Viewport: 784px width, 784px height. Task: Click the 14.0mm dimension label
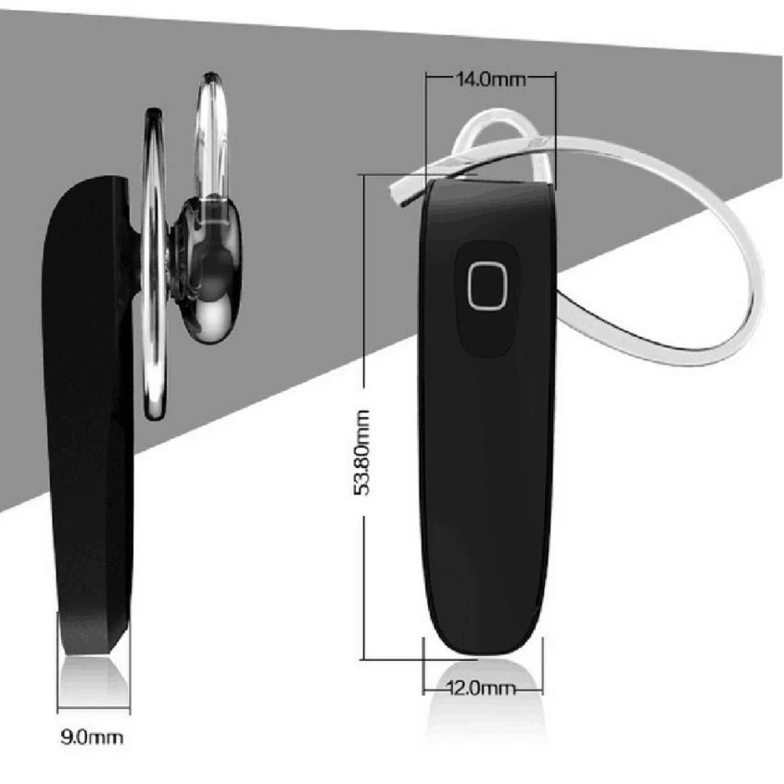point(491,79)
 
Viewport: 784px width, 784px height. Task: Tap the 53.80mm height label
point(361,452)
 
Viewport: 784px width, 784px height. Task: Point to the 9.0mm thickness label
point(92,737)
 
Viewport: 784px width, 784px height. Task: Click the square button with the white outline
point(488,285)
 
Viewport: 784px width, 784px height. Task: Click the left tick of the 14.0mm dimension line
point(426,78)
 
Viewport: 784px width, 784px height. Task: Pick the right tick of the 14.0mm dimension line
point(555,78)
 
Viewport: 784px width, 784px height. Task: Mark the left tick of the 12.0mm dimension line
point(423,691)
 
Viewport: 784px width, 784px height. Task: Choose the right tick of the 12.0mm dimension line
point(542,691)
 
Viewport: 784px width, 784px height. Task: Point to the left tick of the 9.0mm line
point(57,710)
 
